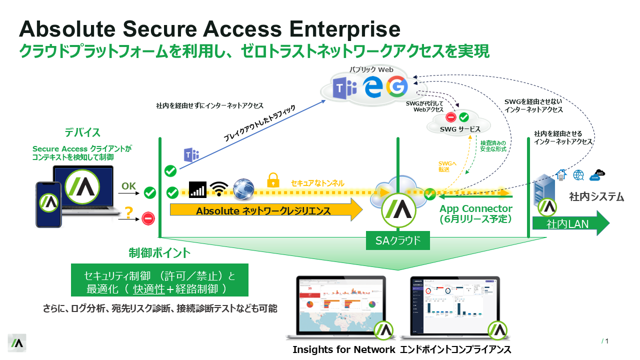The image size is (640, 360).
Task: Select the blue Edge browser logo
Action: (372, 87)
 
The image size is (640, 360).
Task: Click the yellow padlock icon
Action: (272, 179)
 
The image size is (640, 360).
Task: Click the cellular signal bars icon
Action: (197, 189)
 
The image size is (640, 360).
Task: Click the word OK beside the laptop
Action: (128, 186)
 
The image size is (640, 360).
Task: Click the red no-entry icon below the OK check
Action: (148, 218)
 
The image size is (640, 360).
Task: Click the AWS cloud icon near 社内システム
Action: (597, 174)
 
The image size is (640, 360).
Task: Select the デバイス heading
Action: (82, 133)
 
